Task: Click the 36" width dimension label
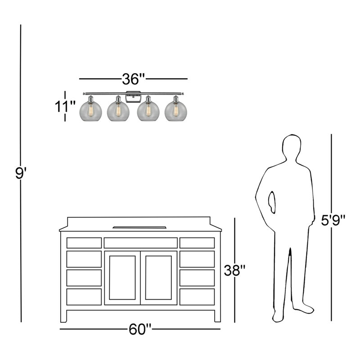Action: click(133, 79)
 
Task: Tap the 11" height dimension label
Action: click(65, 106)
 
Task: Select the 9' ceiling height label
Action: click(21, 173)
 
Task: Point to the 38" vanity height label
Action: click(234, 270)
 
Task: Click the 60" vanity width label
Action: click(140, 329)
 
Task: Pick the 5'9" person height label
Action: click(333, 220)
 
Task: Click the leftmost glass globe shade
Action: click(91, 111)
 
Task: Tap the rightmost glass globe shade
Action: click(175, 111)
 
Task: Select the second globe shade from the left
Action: click(118, 111)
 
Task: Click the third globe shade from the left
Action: click(148, 111)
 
